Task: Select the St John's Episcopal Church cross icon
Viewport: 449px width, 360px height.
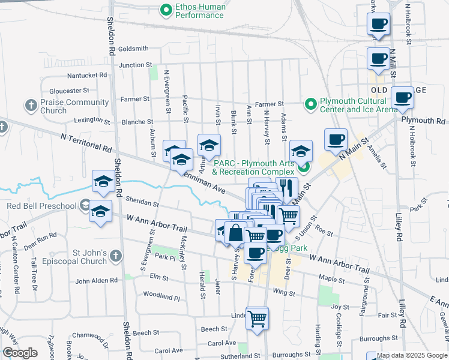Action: point(116,256)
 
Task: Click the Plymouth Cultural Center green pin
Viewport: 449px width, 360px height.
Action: point(310,104)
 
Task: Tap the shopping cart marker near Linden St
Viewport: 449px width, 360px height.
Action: point(258,318)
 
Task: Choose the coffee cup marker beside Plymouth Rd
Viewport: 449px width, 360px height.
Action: point(402,97)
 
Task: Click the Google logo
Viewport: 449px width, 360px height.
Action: point(20,353)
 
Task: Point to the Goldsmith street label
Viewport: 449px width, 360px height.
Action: point(133,49)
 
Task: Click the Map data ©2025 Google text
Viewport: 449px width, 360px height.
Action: point(412,355)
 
